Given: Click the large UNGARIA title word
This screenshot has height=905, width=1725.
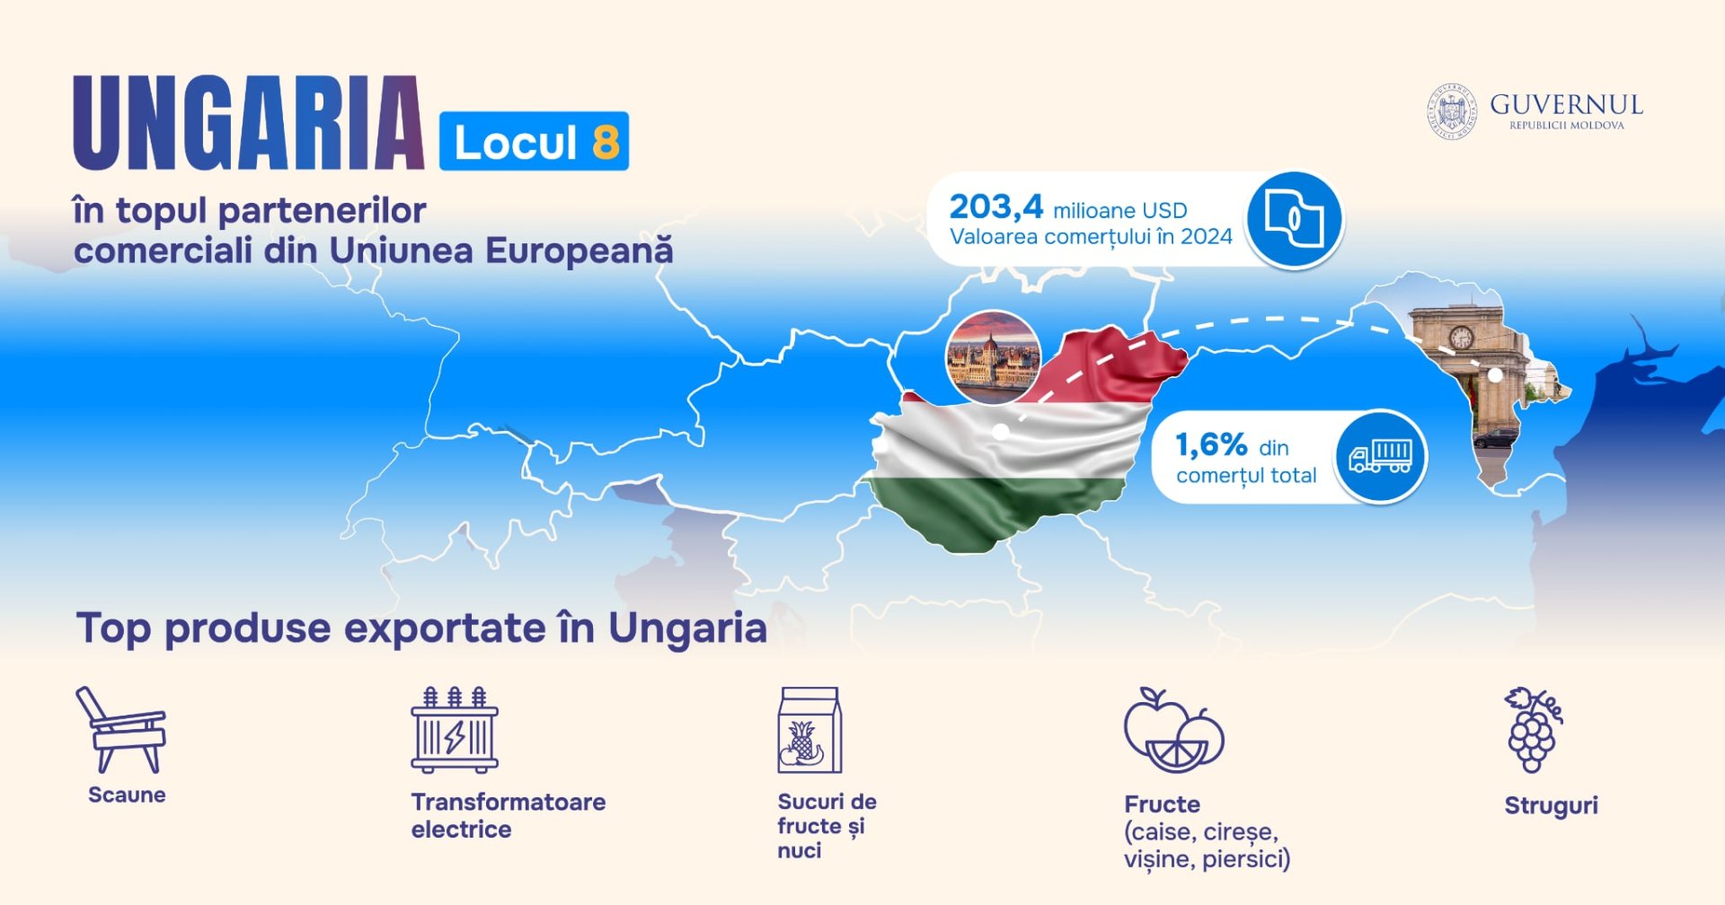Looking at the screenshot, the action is tap(249, 123).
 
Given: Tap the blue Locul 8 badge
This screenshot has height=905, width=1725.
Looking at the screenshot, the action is tap(534, 141).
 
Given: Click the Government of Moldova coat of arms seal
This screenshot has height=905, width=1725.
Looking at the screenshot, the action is tap(1452, 112).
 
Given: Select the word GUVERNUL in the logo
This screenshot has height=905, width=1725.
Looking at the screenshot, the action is tap(1567, 105).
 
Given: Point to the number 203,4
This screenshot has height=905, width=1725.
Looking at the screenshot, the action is tap(995, 206).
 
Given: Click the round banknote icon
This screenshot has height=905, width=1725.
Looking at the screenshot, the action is tap(1294, 218).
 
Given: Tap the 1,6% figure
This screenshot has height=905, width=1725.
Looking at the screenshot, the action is tap(1211, 444).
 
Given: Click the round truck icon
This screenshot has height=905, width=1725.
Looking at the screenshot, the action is tap(1380, 456).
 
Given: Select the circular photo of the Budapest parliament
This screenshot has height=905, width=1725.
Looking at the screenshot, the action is tap(993, 357).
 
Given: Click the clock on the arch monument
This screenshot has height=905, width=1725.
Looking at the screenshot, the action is tap(1462, 338).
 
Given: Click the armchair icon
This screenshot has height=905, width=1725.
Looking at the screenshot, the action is tap(121, 730).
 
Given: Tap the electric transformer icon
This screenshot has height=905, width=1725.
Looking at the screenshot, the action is tap(455, 730).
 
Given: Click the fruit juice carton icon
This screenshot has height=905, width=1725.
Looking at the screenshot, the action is tap(809, 730).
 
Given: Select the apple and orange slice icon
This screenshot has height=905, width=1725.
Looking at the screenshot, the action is tap(1173, 731).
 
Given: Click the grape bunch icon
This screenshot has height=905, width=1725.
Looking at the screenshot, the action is tap(1534, 730).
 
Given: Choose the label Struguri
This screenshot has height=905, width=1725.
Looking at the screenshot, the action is tap(1551, 806).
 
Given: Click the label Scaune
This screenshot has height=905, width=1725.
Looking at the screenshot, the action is tap(127, 795).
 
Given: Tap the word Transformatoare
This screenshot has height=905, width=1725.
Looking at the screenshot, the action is tap(509, 802).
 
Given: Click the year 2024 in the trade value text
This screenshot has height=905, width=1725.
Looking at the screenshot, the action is tap(1207, 237).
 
